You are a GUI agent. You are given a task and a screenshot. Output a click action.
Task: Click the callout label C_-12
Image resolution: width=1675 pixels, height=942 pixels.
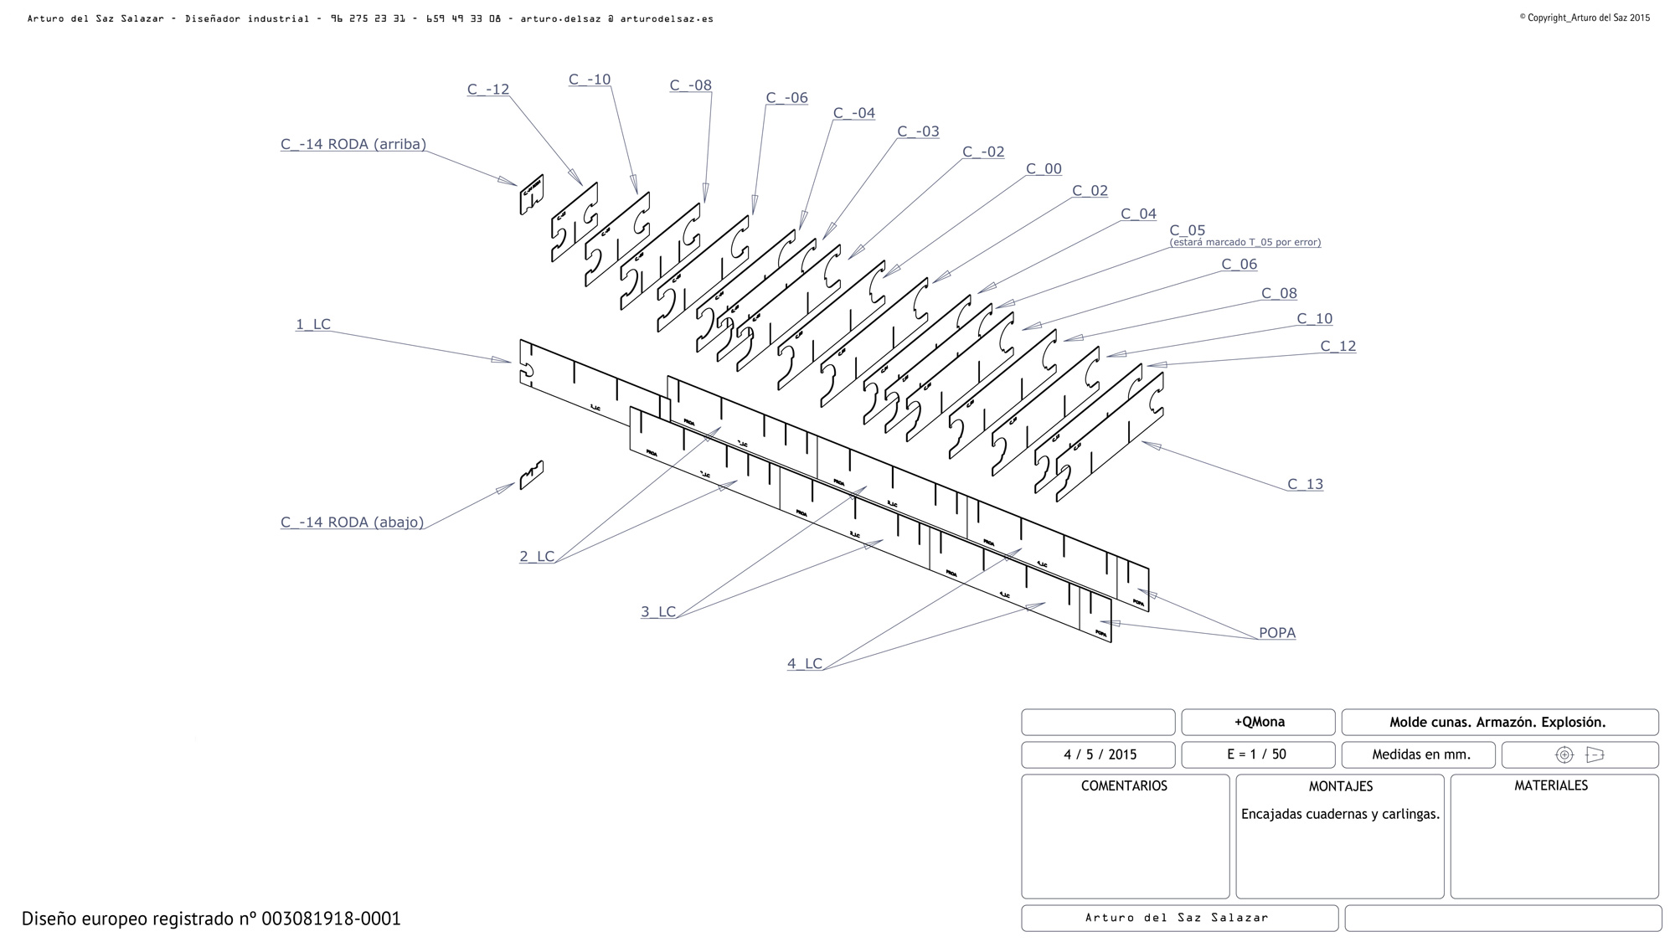pyautogui.click(x=488, y=90)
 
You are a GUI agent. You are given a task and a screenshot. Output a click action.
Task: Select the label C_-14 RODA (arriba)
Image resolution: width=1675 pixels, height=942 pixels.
pyautogui.click(x=353, y=144)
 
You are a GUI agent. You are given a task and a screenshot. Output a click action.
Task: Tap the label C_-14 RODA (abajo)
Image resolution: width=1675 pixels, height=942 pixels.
pyautogui.click(x=352, y=522)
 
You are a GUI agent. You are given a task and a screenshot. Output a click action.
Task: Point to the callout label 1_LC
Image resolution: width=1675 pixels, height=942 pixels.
pyautogui.click(x=313, y=324)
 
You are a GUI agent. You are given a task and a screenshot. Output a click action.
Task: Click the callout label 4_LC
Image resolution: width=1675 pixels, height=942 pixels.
pyautogui.click(x=805, y=664)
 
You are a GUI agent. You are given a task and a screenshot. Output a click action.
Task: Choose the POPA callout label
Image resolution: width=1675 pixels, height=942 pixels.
pyautogui.click(x=1277, y=633)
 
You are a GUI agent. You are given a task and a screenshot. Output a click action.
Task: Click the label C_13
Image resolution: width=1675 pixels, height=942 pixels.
pyautogui.click(x=1305, y=484)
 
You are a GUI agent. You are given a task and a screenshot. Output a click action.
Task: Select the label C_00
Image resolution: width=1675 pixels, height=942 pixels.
pyautogui.click(x=1044, y=169)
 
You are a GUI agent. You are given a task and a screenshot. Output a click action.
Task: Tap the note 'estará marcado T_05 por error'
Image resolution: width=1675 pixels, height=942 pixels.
pyautogui.click(x=1245, y=243)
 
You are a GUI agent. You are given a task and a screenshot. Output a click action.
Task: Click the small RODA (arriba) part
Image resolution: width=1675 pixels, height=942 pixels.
pyautogui.click(x=531, y=194)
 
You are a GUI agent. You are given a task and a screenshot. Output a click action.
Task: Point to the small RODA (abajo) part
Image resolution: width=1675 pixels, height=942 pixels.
pyautogui.click(x=531, y=476)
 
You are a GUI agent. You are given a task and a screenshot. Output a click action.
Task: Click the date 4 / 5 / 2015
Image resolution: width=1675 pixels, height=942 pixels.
pyautogui.click(x=1100, y=754)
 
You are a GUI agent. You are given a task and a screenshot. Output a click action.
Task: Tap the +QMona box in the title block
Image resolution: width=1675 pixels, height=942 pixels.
pyautogui.click(x=1259, y=722)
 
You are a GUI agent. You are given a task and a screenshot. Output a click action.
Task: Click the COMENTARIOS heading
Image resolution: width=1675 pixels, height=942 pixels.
pyautogui.click(x=1124, y=786)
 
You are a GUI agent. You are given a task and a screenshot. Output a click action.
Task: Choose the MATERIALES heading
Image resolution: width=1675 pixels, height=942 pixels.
pyautogui.click(x=1551, y=786)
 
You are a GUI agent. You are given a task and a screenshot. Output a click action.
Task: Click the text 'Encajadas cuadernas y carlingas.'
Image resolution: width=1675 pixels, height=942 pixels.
pyautogui.click(x=1340, y=814)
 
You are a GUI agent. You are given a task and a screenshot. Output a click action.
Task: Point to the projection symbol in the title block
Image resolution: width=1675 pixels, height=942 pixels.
pyautogui.click(x=1579, y=754)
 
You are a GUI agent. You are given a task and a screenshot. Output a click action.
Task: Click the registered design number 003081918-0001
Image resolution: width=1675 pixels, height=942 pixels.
pyautogui.click(x=331, y=919)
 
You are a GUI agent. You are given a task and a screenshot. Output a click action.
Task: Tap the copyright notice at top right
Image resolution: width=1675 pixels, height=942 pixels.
pyautogui.click(x=1585, y=18)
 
